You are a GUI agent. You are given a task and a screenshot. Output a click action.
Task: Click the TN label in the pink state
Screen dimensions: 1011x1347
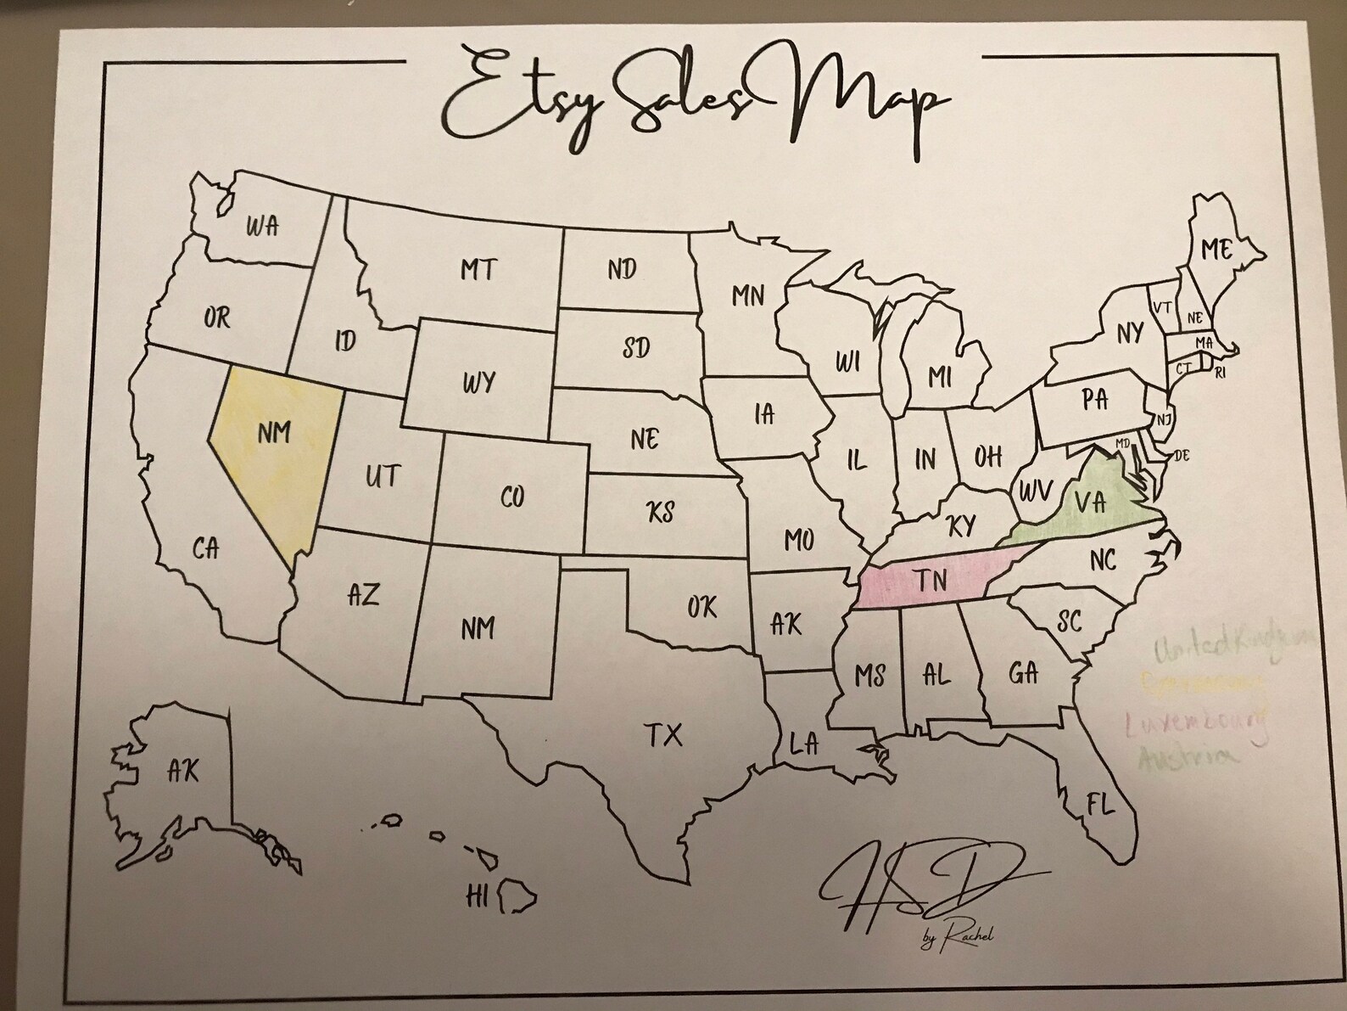tap(930, 581)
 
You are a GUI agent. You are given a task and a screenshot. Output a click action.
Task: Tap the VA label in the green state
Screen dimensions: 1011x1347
tap(1090, 502)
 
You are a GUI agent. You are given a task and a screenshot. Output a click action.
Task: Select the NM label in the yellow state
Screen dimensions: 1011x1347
tap(274, 433)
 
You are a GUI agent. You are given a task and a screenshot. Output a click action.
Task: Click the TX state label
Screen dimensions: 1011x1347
tap(663, 734)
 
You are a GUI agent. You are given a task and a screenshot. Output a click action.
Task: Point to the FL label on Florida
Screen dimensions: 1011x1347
tap(1100, 804)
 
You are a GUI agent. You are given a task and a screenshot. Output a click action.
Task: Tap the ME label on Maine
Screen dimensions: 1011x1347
tap(1216, 250)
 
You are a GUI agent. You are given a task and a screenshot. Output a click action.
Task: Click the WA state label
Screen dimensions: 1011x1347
tap(263, 227)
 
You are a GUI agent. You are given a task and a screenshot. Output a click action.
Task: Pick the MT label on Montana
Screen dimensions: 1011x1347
tap(478, 270)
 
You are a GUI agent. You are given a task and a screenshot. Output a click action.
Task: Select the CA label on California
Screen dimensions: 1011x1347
tap(205, 549)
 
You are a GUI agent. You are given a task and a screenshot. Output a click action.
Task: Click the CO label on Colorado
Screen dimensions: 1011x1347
tap(512, 497)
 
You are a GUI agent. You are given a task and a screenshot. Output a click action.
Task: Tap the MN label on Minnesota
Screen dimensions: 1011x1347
tap(748, 295)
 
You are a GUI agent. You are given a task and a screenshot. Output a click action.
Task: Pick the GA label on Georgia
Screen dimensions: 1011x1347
tap(1024, 673)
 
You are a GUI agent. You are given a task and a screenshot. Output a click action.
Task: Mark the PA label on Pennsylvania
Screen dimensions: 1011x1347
tap(1095, 399)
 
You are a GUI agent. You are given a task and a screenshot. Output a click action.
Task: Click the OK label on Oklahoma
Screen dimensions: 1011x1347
tap(701, 607)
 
